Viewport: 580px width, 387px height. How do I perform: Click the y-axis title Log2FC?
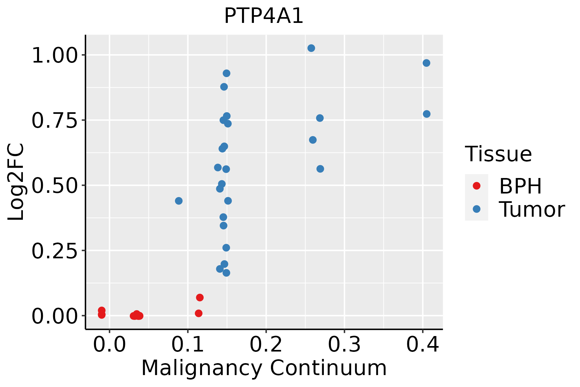(16, 182)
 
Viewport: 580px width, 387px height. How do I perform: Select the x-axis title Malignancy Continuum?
(264, 368)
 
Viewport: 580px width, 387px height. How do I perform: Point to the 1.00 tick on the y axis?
(55, 55)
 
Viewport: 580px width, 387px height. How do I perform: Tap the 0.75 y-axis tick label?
(55, 121)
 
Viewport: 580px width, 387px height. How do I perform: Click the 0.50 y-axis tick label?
(55, 186)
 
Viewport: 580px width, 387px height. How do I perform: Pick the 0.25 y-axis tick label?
(55, 251)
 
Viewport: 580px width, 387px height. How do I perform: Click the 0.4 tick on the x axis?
(422, 345)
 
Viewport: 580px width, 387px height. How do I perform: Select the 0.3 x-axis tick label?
(344, 345)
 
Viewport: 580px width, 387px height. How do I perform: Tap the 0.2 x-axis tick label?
(266, 345)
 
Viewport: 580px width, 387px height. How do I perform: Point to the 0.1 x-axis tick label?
(188, 345)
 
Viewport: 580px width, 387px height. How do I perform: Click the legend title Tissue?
(498, 154)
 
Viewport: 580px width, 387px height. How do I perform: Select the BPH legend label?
(520, 186)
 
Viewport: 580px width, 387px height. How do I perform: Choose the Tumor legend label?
(532, 210)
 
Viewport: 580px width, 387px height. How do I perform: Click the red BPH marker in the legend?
(476, 186)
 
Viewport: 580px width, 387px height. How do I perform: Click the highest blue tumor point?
(311, 48)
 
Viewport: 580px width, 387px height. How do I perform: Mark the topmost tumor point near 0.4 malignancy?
(426, 63)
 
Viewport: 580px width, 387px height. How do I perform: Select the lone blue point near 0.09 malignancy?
(179, 201)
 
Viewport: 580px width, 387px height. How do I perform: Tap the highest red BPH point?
(200, 297)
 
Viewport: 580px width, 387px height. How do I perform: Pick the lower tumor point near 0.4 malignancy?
(427, 114)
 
